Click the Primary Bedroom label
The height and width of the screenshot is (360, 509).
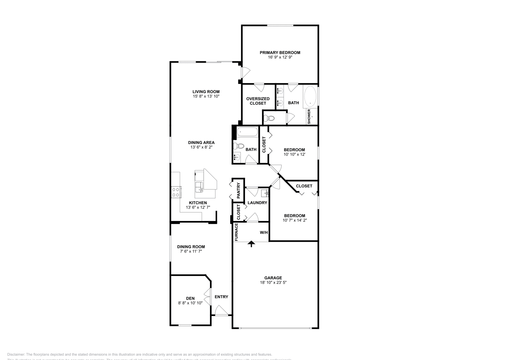(280, 52)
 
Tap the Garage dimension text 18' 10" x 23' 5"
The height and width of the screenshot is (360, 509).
(273, 282)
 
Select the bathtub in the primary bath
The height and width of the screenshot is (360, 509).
(310, 97)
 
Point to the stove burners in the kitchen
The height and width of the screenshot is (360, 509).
(176, 192)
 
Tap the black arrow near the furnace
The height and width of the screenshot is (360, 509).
(251, 244)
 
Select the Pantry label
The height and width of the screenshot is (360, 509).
(238, 190)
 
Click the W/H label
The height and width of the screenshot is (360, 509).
(264, 232)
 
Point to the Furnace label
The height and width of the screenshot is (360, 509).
(236, 232)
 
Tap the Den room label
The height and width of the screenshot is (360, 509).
(190, 298)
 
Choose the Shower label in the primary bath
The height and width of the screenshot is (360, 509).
(309, 116)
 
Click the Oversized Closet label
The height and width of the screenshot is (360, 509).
(258, 101)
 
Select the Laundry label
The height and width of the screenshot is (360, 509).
(257, 203)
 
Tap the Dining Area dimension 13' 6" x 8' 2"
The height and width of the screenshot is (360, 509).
(201, 147)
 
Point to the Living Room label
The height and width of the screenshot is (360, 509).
(206, 92)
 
